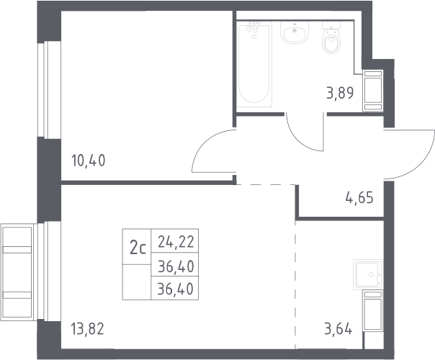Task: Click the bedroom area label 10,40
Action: pyautogui.click(x=89, y=161)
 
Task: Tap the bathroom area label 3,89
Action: pyautogui.click(x=340, y=93)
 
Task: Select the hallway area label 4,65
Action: pyautogui.click(x=359, y=198)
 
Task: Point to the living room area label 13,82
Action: pyautogui.click(x=87, y=329)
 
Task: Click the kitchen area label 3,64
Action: pyautogui.click(x=338, y=329)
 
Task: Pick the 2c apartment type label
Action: pyautogui.click(x=138, y=248)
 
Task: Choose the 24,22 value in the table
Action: pyautogui.click(x=176, y=242)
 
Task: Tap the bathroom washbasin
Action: pyautogui.click(x=295, y=32)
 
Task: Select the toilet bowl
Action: pyautogui.click(x=331, y=42)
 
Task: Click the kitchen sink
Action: pyautogui.click(x=367, y=274)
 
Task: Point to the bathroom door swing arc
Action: pyautogui.click(x=297, y=140)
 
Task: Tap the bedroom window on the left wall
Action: pyautogui.click(x=49, y=90)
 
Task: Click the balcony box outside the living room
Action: pyautogui.click(x=17, y=272)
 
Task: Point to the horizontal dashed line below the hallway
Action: pyautogui.click(x=266, y=184)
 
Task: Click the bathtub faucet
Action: pyautogui.click(x=254, y=27)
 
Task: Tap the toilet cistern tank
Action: pyautogui.click(x=331, y=25)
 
